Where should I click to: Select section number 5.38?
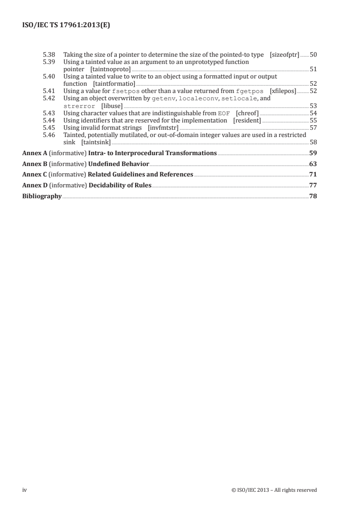pos(48,55)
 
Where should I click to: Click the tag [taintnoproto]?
pos(110,69)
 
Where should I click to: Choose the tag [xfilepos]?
pos(282,91)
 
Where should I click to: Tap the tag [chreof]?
pos(247,113)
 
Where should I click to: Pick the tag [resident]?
pos(247,120)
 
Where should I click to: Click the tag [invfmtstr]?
pos(163,127)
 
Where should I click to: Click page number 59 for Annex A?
pos(313,153)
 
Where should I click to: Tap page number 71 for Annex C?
pos(313,175)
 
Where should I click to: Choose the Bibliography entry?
pos(42,196)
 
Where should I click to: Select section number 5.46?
pos(48,135)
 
